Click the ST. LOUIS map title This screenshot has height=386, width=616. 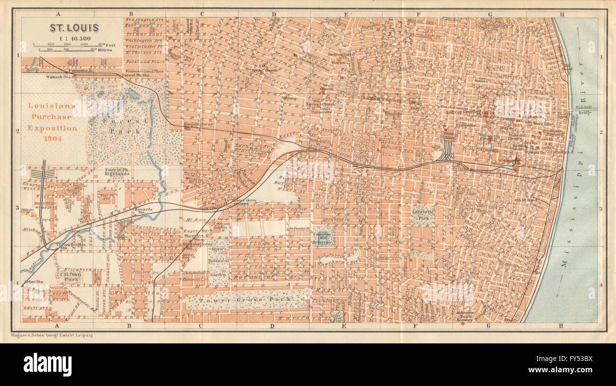click(x=74, y=27)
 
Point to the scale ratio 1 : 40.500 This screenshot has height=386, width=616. click(x=74, y=37)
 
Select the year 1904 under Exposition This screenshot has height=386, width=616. click(x=52, y=138)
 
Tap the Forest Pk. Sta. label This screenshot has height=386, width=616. click(x=136, y=75)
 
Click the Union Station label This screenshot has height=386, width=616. click(x=446, y=135)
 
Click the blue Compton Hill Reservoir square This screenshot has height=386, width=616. click(x=323, y=235)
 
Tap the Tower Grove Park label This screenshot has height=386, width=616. click(x=246, y=300)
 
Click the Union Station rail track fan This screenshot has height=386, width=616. click(x=446, y=152)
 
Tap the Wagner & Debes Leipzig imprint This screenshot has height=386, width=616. click(x=52, y=335)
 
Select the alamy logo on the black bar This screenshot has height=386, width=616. click(x=47, y=365)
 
